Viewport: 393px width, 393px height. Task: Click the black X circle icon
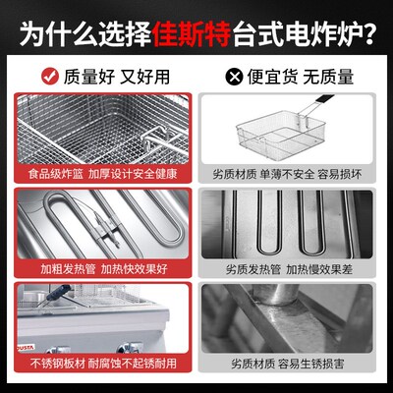tap(233, 75)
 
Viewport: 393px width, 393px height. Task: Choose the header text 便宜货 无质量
tap(305, 75)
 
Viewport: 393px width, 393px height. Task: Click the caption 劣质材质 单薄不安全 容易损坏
tap(292, 173)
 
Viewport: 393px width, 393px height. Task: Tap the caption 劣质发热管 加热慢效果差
tap(292, 265)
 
